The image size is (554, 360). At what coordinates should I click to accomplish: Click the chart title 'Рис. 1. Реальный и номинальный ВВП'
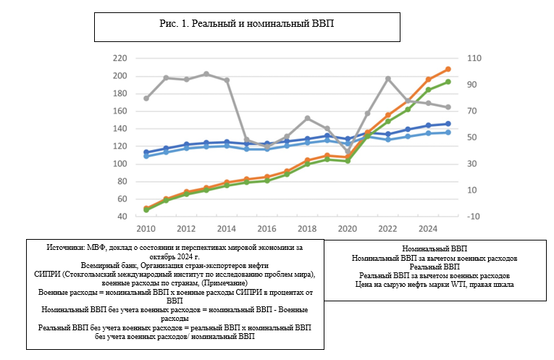246,23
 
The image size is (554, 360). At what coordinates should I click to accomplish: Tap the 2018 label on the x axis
307,229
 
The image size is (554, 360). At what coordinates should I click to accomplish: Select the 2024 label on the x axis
428,229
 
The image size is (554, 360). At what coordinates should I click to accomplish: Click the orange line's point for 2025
448,70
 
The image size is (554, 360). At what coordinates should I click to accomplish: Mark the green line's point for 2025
448,82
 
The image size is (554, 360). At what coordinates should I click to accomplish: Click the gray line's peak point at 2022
388,78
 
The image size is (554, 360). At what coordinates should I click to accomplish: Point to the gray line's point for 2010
147,98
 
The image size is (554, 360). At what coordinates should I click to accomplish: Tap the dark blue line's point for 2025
448,124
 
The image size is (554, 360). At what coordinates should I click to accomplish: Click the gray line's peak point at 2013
207,74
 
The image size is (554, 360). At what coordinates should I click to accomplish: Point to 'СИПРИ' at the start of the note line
48,274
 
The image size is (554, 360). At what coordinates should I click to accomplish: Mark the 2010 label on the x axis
147,229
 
